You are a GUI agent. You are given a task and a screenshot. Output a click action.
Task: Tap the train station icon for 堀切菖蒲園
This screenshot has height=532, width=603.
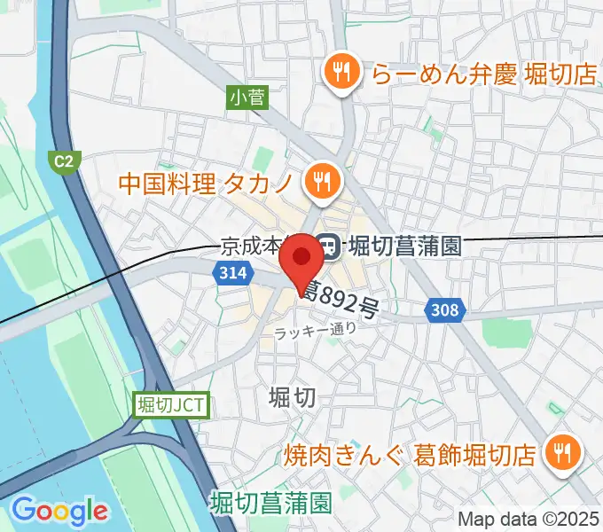pos(328,245)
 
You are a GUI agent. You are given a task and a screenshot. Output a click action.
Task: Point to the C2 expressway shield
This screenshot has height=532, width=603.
pos(64,160)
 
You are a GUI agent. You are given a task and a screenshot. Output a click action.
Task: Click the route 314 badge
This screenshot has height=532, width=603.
pos(230,275)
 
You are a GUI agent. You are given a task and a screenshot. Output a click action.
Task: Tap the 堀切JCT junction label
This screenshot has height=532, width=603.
pos(173,406)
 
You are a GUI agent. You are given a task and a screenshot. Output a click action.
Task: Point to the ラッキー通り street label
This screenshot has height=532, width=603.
pos(316,331)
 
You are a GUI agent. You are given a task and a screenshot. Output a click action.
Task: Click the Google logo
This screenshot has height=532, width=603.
pos(59,511)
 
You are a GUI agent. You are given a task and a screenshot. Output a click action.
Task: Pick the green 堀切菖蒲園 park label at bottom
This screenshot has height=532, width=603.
pos(270,504)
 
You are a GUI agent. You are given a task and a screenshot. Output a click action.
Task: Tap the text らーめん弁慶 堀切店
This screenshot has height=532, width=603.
pos(484,74)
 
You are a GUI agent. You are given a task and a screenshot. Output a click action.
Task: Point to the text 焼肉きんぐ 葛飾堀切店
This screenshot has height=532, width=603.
pos(411,455)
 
